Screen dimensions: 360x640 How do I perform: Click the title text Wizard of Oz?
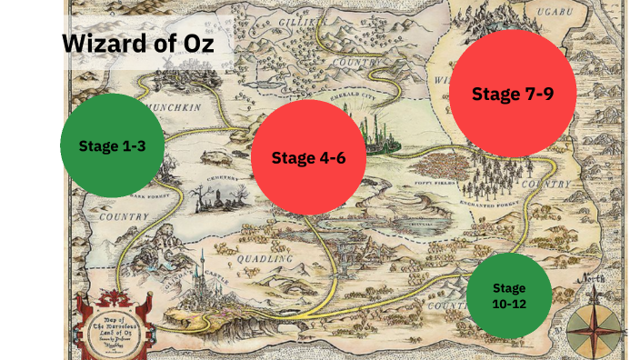(138, 43)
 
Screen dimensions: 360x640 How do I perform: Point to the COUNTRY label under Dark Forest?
(125, 218)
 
